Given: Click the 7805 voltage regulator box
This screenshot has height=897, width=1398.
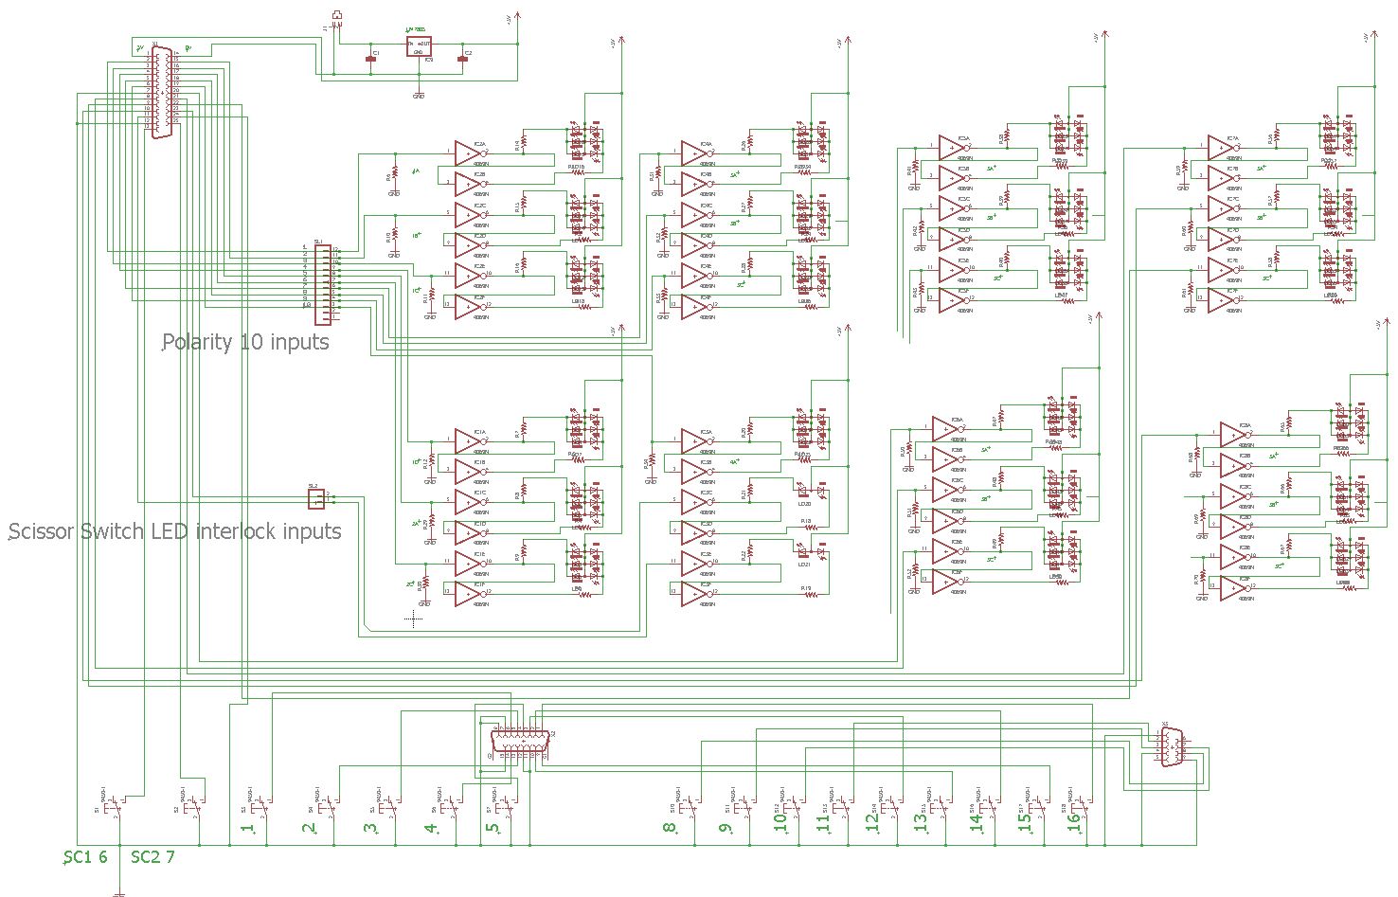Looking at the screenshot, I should tap(419, 46).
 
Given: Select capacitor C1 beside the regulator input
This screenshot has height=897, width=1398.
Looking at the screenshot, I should tap(371, 59).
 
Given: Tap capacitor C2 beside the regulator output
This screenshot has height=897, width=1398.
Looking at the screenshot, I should tap(462, 59).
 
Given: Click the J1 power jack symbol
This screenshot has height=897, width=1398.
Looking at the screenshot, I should tap(337, 16).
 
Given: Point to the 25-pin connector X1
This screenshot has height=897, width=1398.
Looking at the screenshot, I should tap(162, 93).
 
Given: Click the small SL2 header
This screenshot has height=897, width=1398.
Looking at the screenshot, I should tap(316, 496).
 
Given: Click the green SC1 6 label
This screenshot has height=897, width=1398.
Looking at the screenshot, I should tap(85, 857).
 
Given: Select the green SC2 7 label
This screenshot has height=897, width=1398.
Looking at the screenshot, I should tap(152, 857).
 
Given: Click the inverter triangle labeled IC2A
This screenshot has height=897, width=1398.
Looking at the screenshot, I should tap(467, 152).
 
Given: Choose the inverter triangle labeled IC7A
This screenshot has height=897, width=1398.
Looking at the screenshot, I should tap(1220, 147).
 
